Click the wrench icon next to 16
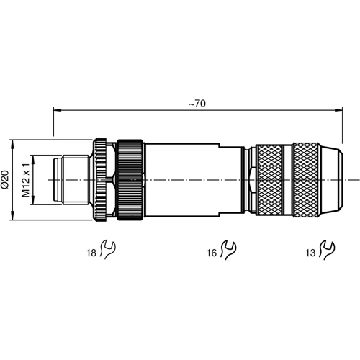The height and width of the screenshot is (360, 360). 230,249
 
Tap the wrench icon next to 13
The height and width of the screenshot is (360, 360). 328,249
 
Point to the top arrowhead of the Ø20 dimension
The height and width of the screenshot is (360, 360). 16,141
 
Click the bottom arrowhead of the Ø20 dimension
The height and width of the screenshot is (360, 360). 16,217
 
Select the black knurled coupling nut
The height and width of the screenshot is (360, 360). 132,179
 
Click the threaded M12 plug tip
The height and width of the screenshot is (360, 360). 72,179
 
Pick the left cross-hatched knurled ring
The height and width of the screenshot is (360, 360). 269,179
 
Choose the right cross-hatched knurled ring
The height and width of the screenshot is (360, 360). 305,179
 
